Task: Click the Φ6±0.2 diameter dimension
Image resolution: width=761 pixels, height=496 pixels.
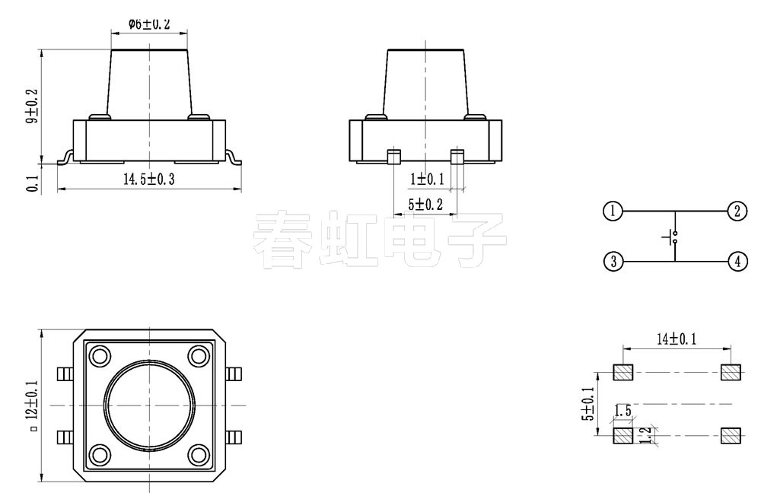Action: pos(148,24)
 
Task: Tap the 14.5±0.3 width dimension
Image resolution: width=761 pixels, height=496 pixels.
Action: pos(149,180)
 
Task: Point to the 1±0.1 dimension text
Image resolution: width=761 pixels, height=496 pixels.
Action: pos(427,180)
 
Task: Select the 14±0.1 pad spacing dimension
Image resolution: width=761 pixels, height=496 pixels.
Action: pos(677,339)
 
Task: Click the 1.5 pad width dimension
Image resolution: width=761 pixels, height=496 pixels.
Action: pos(622,412)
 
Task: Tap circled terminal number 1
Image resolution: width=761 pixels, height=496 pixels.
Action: pos(613,211)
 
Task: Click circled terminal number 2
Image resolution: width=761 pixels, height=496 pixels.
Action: pos(737,211)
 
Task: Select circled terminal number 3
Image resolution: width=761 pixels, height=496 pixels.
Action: pos(613,262)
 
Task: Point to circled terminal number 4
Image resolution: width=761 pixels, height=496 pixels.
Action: pos(737,262)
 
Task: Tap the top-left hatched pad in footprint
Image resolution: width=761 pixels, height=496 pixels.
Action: pos(623,373)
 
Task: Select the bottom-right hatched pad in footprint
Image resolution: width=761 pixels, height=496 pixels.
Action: pos(731,435)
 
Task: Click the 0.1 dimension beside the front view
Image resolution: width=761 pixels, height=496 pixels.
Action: pos(32,182)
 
